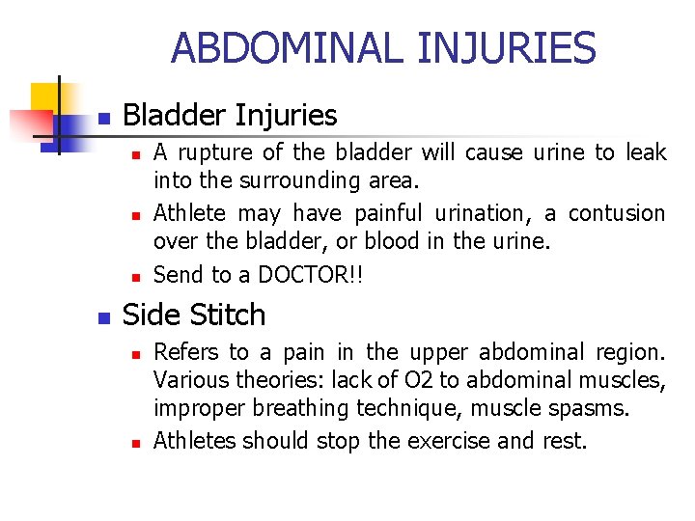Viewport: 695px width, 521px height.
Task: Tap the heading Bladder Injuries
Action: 230,116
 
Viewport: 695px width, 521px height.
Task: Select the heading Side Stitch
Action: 194,315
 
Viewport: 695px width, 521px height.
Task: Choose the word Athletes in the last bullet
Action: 195,442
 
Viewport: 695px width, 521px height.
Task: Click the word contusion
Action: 617,213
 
